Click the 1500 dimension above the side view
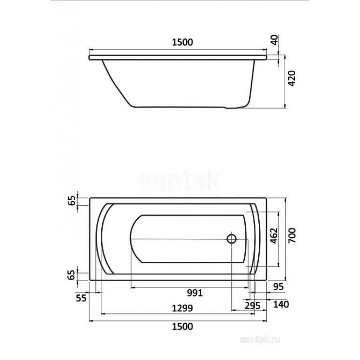pyautogui.click(x=183, y=42)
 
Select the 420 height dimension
pyautogui.click(x=292, y=78)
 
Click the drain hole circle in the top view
pyautogui.click(x=232, y=239)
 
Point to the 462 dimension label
pyautogui.click(x=274, y=235)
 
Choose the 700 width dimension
pyautogui.click(x=292, y=235)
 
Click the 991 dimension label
pyautogui.click(x=195, y=293)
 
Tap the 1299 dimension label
pyautogui.click(x=182, y=308)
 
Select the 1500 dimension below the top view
pyautogui.click(x=183, y=326)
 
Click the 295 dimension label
pyautogui.click(x=252, y=306)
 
